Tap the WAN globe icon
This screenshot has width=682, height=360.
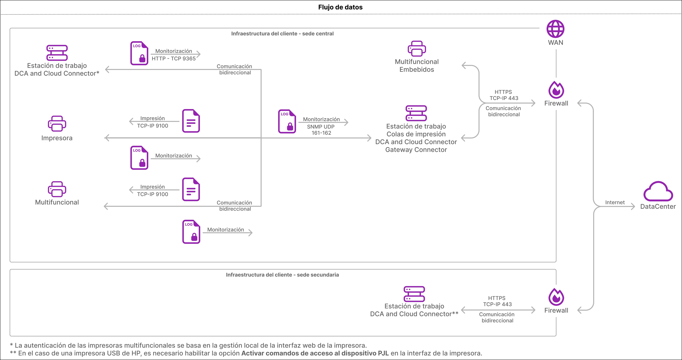[x=556, y=29]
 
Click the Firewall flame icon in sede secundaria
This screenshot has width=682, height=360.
[x=556, y=297]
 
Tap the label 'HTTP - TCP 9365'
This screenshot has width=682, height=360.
[x=174, y=58]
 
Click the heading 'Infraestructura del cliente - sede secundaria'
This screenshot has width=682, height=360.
[x=282, y=275]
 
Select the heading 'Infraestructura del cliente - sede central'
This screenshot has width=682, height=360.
[x=282, y=34]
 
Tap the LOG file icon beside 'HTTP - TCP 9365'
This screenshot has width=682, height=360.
[x=139, y=53]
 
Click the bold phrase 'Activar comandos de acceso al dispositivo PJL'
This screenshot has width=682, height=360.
[x=315, y=353]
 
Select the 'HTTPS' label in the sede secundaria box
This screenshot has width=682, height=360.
[x=497, y=298]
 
